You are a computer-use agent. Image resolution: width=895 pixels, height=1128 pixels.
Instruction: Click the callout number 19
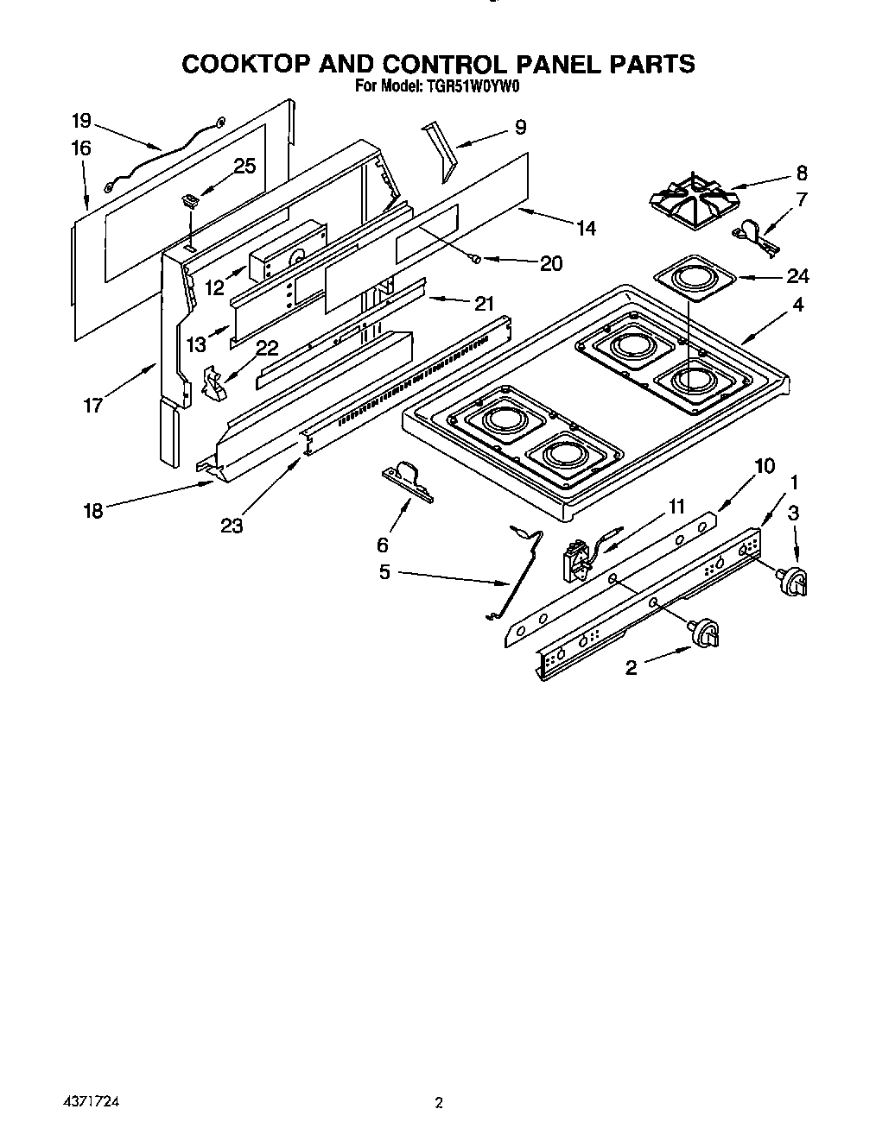(81, 121)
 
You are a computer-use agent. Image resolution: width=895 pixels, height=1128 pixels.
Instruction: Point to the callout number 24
(797, 276)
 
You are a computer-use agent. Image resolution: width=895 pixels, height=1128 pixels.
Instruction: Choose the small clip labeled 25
(190, 201)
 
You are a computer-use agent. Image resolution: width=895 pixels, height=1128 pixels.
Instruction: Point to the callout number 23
(232, 524)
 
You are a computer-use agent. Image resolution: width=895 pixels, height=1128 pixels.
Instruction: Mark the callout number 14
(586, 228)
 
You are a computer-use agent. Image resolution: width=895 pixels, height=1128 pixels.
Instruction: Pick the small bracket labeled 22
(213, 382)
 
